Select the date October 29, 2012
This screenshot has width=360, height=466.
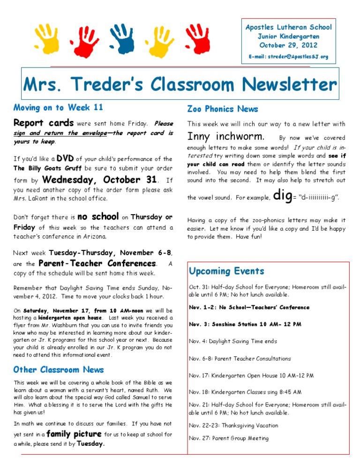pyautogui.click(x=288, y=45)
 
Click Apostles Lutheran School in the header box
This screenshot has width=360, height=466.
pyautogui.click(x=288, y=27)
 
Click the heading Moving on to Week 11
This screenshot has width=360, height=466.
pyautogui.click(x=58, y=108)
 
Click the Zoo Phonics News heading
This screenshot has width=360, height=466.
pyautogui.click(x=222, y=109)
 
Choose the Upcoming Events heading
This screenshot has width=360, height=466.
pyautogui.click(x=226, y=271)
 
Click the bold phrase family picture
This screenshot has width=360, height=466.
pyautogui.click(x=74, y=433)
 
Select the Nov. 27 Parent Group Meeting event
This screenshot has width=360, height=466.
pyautogui.click(x=229, y=438)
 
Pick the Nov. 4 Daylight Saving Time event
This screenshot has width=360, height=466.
pyautogui.click(x=233, y=341)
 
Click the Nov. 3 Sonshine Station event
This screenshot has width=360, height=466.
pyautogui.click(x=245, y=324)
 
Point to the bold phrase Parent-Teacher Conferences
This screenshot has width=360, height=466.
pyautogui.click(x=98, y=263)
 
